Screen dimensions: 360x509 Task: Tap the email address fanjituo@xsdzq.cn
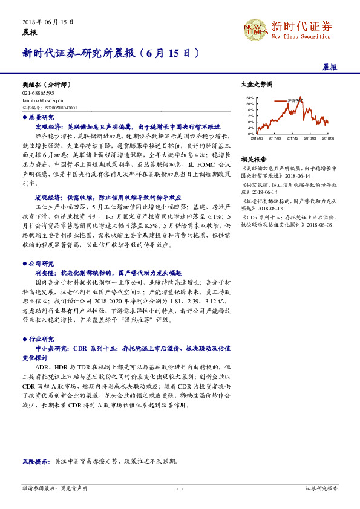click(x=38, y=100)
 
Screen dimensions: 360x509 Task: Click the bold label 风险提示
click(x=37, y=461)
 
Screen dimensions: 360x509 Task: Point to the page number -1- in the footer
click(x=180, y=488)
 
